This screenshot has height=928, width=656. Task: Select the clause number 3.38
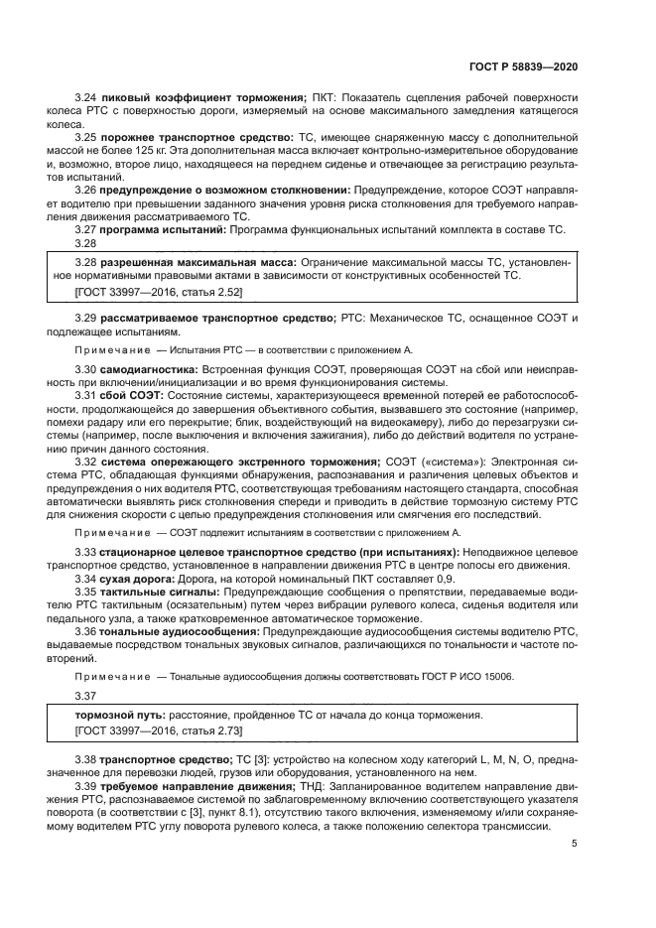click(x=86, y=759)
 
